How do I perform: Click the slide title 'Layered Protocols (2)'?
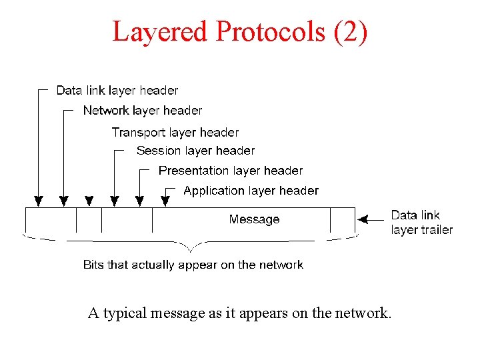point(239,31)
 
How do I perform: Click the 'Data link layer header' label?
point(117,90)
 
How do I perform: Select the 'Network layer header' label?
point(143,110)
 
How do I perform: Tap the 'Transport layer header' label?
point(175,132)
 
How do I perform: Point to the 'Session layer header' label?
point(195,151)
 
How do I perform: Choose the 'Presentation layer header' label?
point(231,171)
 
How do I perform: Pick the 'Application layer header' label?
point(251,191)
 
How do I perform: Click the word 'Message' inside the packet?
point(254,219)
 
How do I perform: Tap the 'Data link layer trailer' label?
point(421,223)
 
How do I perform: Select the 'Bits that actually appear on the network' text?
point(193,265)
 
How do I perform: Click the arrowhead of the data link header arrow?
point(39,200)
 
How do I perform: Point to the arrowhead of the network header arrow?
point(63,200)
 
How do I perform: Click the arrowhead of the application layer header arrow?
point(165,200)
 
